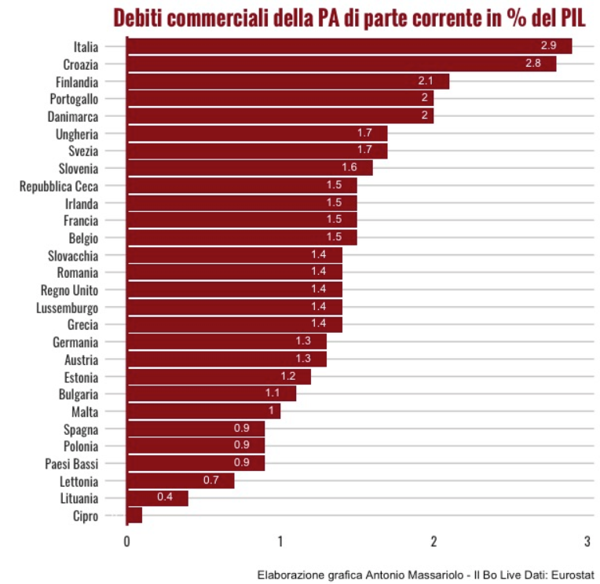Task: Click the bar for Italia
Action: click(349, 46)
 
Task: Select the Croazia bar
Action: click(341, 64)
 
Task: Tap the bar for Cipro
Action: click(134, 515)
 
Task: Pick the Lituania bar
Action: click(157, 498)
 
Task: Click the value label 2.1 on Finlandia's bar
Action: click(426, 81)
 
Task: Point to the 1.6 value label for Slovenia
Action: click(349, 167)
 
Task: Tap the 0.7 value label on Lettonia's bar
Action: click(210, 480)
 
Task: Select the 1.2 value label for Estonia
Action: click(288, 376)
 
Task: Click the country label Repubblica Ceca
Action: click(59, 186)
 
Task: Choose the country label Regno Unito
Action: click(69, 290)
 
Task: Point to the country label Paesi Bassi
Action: click(71, 463)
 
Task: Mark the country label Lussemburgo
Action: click(67, 307)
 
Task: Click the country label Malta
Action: click(84, 411)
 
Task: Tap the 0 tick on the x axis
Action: click(126, 542)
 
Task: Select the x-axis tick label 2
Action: click(434, 542)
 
